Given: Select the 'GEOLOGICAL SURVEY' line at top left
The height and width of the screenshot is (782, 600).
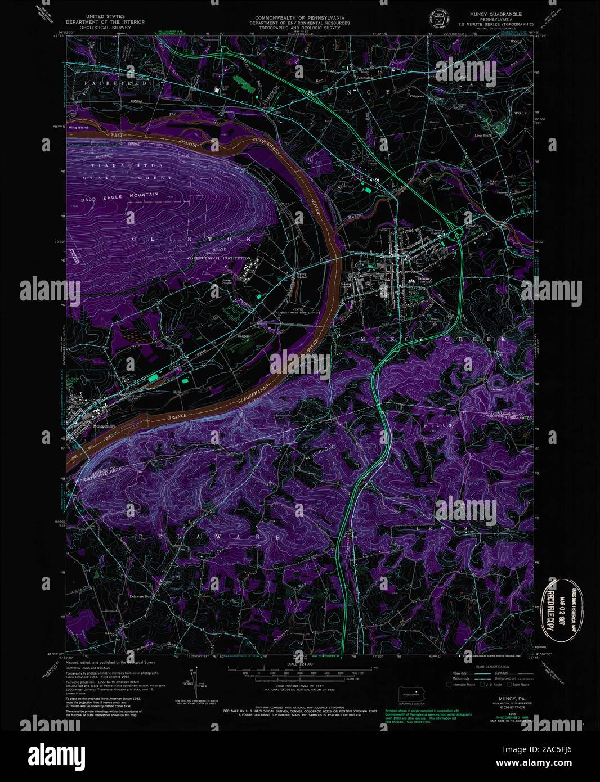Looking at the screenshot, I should (105, 26).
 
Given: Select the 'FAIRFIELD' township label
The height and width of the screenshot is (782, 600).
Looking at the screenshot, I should (116, 83).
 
